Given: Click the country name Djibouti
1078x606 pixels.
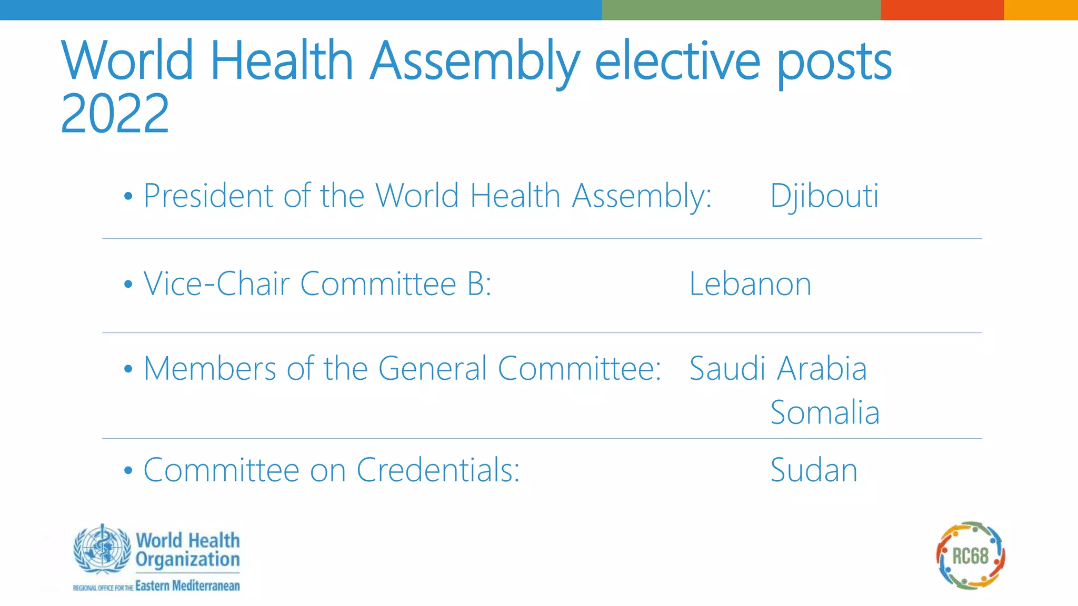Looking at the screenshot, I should coord(824,196).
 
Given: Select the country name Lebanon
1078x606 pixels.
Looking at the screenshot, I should coord(750,285).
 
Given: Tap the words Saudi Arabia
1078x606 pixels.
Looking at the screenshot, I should coord(777,368).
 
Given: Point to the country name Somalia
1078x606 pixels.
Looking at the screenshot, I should coord(825,412).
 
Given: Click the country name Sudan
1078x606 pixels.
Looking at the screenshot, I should coord(814,470).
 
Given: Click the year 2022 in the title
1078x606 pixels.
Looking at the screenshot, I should coord(115,114).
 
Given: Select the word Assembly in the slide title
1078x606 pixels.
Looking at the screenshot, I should coord(474,62).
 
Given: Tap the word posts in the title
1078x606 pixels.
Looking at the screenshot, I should coord(834,63).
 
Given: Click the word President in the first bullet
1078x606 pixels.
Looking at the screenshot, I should coord(208,196).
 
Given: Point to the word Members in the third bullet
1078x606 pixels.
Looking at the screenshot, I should coord(209,368).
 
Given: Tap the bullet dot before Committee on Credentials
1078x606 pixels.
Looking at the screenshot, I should coord(128,471).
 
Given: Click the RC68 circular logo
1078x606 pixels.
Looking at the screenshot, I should coord(971,555).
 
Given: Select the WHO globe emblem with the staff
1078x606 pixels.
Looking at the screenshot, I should coord(102,549).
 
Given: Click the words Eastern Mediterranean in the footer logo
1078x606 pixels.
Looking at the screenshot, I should coord(187,586).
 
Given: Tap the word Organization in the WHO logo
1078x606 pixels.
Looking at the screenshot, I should coord(187,560).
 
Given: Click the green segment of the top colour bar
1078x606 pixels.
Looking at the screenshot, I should coord(741,9).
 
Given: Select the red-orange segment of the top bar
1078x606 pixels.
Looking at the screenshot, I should coord(942,9).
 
